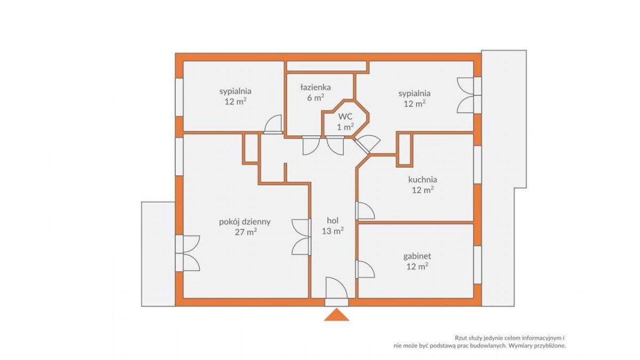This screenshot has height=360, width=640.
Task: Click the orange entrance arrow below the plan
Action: click(x=337, y=315)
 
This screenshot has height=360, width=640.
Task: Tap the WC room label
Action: click(x=346, y=117)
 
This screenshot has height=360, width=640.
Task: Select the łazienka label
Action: click(x=316, y=87)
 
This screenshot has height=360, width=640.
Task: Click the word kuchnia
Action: click(x=422, y=180)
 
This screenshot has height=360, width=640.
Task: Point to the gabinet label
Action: click(x=417, y=257)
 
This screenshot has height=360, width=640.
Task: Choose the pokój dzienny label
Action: click(x=245, y=222)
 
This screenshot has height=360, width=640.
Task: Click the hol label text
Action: click(x=333, y=220)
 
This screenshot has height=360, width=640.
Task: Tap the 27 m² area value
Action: click(x=245, y=232)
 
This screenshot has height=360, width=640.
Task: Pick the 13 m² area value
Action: click(x=333, y=230)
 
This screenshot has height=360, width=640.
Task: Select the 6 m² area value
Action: click(x=316, y=98)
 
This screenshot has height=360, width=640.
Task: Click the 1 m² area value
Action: click(x=346, y=127)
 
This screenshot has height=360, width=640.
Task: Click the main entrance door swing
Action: click(x=337, y=288)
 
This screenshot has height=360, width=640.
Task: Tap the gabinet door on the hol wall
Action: click(x=365, y=269)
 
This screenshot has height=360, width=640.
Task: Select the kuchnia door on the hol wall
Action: click(x=365, y=211)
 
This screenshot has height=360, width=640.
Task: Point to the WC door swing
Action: click(x=335, y=146)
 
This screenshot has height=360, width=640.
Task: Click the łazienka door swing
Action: click(x=311, y=146)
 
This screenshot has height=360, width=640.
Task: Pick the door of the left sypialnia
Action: click(x=273, y=124)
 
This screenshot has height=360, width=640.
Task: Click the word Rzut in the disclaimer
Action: click(x=461, y=338)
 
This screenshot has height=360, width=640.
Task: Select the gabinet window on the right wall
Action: click(x=478, y=265)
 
